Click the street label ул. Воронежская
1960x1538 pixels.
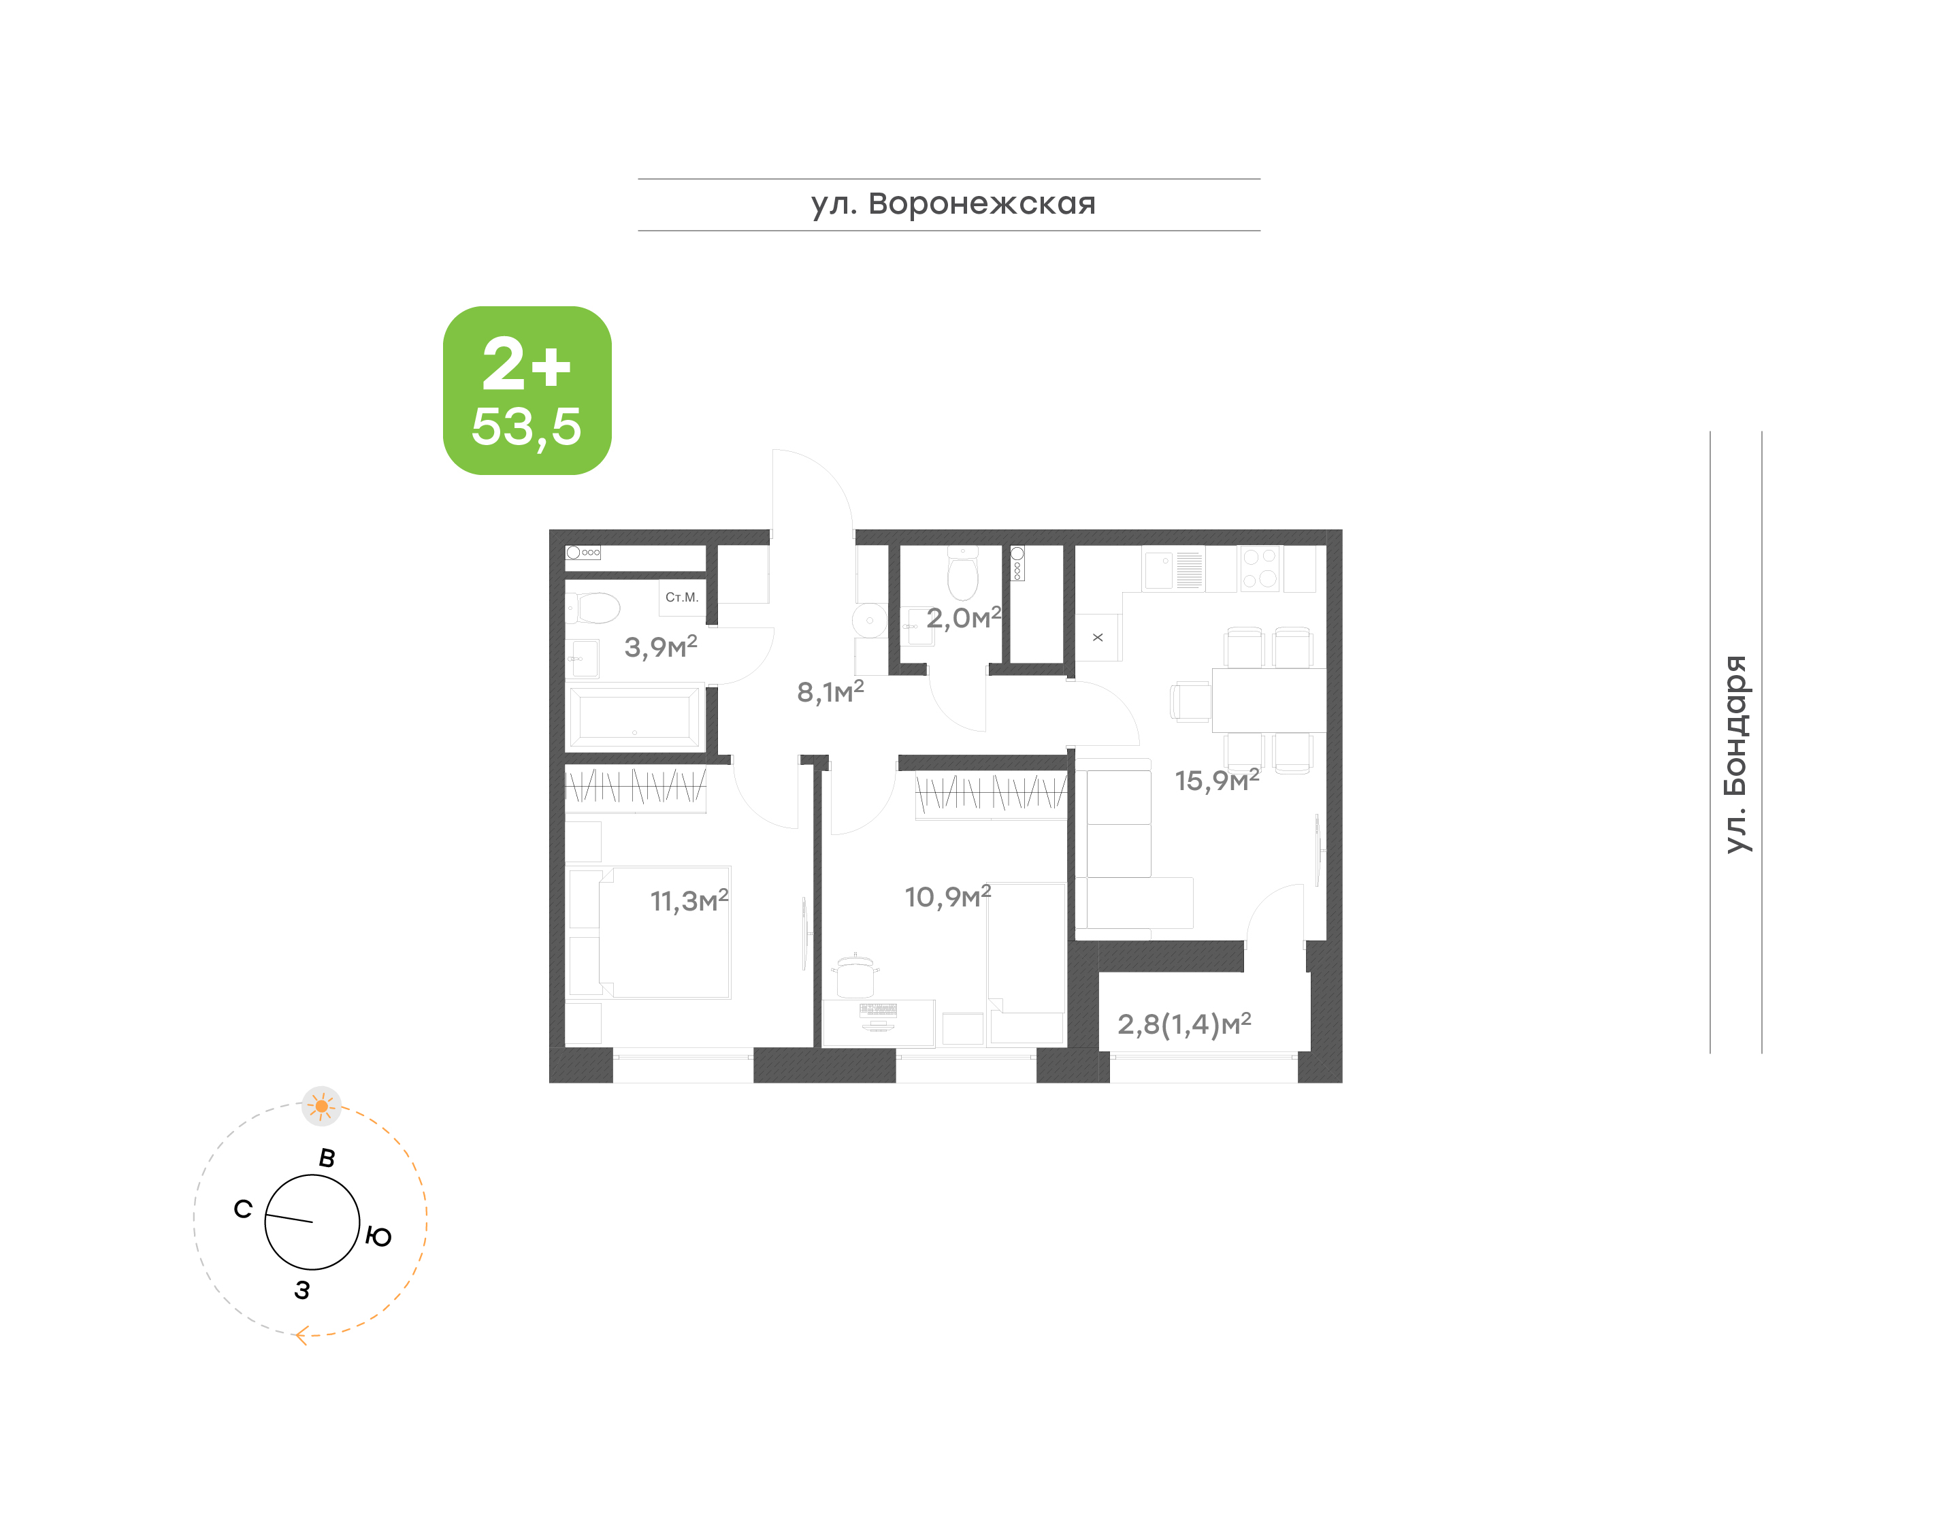[953, 204]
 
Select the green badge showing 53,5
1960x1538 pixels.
[527, 390]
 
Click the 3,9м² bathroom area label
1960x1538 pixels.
[661, 646]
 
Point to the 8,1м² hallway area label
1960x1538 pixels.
[830, 691]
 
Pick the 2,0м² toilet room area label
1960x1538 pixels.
[964, 618]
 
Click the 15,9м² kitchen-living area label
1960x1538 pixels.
[1216, 780]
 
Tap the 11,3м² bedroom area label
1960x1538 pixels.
[689, 900]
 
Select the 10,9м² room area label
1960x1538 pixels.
[947, 897]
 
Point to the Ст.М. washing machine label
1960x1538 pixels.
[681, 597]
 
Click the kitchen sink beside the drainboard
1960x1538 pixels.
[1159, 570]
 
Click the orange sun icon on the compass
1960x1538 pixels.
[321, 1107]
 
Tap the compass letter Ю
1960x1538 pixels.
[378, 1237]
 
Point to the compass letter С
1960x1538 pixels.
[243, 1209]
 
